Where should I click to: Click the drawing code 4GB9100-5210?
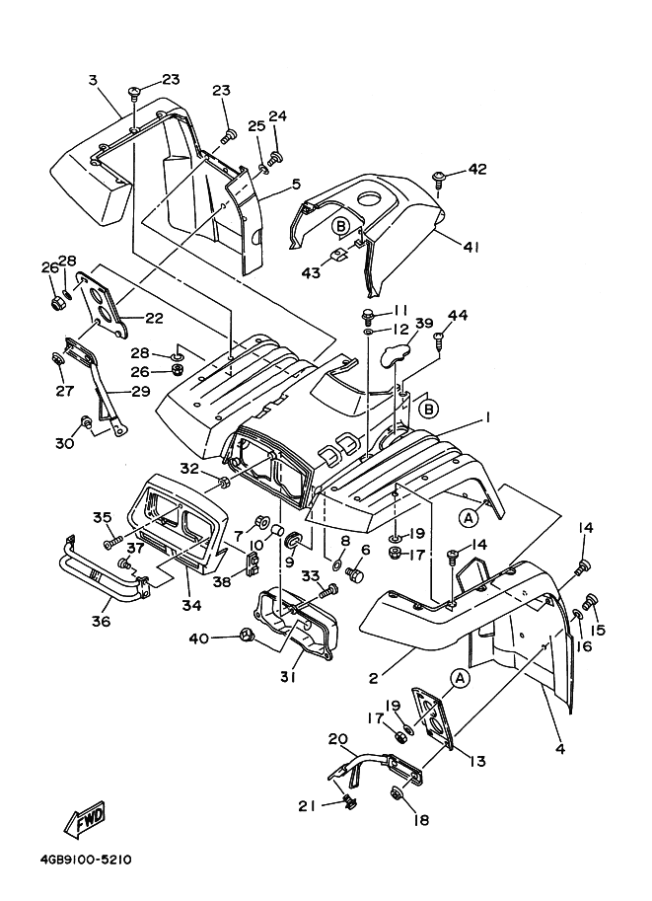[x=74, y=860]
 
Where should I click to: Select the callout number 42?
[x=477, y=169]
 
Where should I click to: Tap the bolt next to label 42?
[x=439, y=179]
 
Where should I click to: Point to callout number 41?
[x=471, y=247]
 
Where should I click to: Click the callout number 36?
[x=102, y=621]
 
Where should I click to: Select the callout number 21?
[x=307, y=805]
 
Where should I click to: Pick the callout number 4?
[x=560, y=749]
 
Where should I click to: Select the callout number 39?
[x=424, y=324]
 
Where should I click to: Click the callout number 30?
[x=64, y=443]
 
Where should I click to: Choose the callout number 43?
[x=312, y=272]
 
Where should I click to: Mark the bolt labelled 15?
[x=593, y=601]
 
